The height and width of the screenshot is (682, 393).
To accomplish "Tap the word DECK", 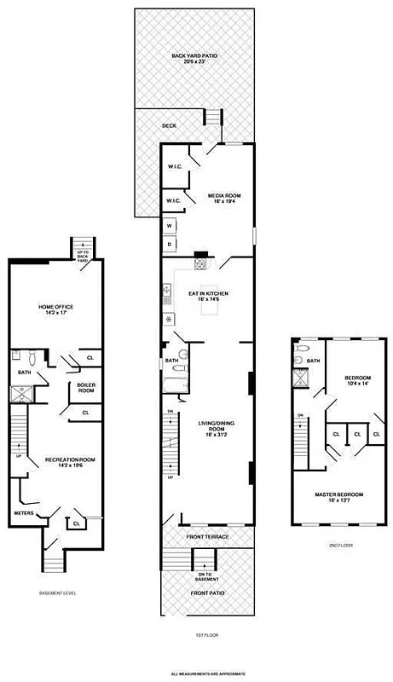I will coord(170,126).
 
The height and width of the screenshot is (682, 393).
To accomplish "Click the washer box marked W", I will coord(170,226).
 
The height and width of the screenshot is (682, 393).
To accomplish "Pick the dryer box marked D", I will coord(170,244).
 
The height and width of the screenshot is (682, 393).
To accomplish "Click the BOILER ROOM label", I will coord(86,388).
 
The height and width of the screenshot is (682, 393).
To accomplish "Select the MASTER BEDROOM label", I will coord(340,497).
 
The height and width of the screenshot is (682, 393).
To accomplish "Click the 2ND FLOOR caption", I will coord(340,545).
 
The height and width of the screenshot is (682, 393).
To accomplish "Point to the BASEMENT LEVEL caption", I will coord(58,592).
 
